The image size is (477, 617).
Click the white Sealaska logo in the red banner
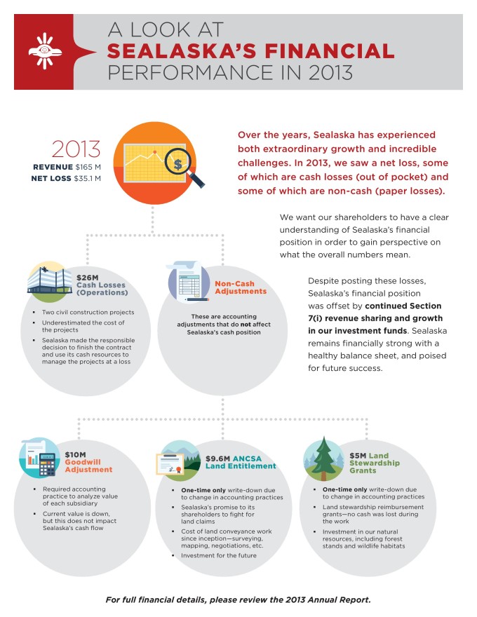coord(43,50)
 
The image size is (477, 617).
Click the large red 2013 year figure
coord(76,149)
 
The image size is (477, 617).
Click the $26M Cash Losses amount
coord(87,278)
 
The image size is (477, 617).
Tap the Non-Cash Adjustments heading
coord(241,287)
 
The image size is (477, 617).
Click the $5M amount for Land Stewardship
coord(357,455)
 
